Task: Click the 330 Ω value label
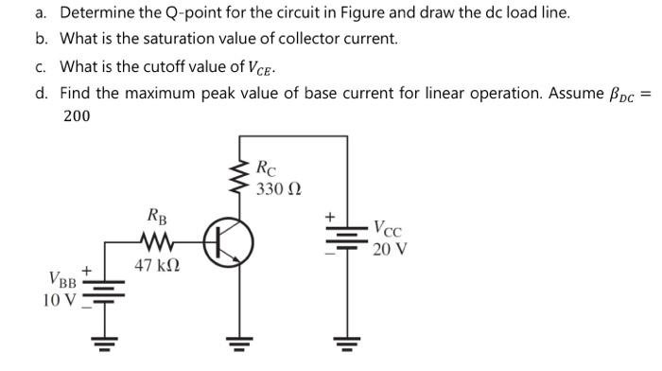[x=279, y=188]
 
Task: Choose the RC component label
[x=268, y=169]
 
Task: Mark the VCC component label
[x=391, y=228]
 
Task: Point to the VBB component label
[x=62, y=280]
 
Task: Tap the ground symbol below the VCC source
[x=347, y=342]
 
